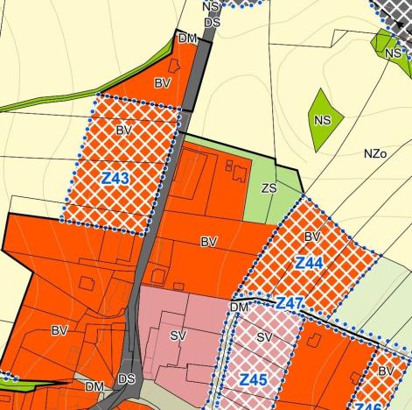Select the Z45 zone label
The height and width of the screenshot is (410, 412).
pos(253,379)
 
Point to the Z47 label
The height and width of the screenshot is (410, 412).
pos(289,304)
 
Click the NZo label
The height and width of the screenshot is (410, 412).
pos(375,153)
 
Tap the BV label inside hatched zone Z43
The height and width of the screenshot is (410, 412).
pos(123,130)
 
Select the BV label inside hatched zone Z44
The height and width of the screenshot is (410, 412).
pos(313,237)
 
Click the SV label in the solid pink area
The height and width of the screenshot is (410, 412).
pos(178,336)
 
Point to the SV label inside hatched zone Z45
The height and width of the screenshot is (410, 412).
pos(265,336)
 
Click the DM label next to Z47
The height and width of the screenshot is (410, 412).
pos(241,307)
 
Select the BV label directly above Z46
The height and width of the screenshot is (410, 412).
pos(386,371)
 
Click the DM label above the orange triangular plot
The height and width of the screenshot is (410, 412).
pos(187,39)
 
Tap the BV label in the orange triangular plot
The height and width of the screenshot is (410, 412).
pos(163,83)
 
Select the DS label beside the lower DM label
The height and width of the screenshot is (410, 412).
pos(127,379)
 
